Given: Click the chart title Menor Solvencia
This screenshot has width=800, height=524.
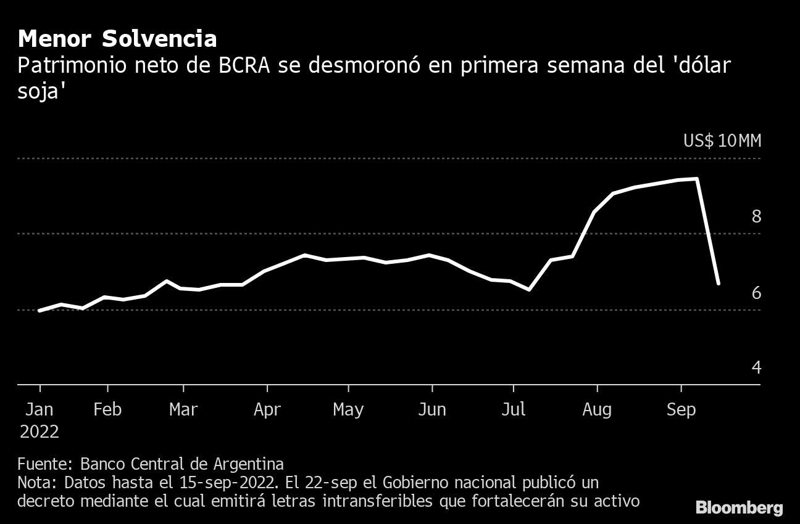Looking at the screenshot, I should [117, 39].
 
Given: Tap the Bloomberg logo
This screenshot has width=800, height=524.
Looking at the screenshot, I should [739, 508].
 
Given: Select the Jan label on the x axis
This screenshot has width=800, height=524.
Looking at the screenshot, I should [40, 409].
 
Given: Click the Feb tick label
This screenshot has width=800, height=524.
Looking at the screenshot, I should [108, 409].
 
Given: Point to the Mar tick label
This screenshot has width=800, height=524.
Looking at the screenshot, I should [183, 409].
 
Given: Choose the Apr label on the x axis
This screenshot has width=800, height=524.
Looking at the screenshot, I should [267, 409].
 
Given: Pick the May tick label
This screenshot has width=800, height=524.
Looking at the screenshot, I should [348, 409].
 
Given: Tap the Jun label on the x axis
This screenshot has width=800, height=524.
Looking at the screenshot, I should [431, 409].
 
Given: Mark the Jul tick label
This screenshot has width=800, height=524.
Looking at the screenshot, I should [513, 409].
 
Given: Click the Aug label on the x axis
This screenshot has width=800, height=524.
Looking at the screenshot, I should [597, 409].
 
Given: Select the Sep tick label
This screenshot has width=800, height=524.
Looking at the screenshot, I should [681, 409].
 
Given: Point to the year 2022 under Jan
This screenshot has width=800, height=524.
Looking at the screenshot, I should [40, 432].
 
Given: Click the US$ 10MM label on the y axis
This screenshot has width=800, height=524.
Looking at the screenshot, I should [722, 141].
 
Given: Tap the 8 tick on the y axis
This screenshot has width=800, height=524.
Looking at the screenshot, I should [756, 216].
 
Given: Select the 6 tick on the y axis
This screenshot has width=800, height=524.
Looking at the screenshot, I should [756, 292].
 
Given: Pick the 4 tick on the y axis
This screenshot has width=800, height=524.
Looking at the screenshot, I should [756, 367].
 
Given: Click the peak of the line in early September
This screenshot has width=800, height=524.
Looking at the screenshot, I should [697, 179].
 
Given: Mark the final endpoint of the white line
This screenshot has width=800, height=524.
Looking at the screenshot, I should [719, 284].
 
